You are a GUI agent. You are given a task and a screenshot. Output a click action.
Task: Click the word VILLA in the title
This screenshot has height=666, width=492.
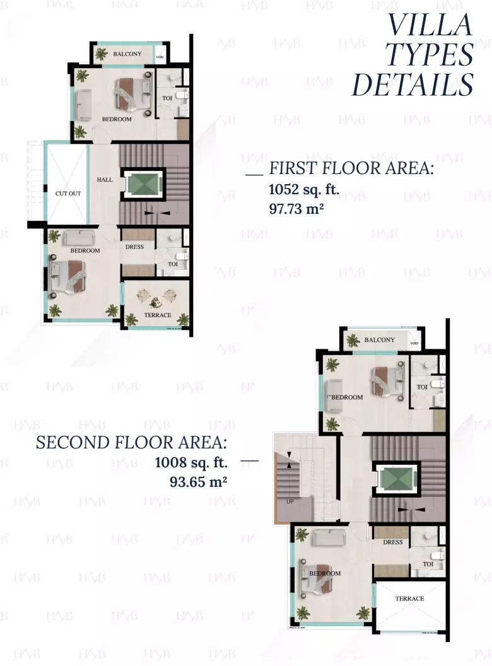click(430, 25)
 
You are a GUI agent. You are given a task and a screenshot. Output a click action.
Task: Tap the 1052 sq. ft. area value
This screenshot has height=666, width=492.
click(304, 189)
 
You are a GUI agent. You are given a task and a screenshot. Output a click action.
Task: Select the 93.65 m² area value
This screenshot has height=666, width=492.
click(198, 482)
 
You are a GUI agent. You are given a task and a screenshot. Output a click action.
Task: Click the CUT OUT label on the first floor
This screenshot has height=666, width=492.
click(68, 193)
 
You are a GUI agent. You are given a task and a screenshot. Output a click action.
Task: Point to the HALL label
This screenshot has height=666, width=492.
click(105, 180)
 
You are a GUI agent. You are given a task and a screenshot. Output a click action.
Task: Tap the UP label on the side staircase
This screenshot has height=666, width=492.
click(290, 501)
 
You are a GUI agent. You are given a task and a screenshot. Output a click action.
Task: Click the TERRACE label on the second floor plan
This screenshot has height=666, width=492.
click(409, 599)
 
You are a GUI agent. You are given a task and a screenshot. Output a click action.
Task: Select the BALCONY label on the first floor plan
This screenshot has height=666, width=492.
click(127, 54)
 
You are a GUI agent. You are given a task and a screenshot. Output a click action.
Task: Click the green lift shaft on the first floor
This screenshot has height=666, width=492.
click(143, 184)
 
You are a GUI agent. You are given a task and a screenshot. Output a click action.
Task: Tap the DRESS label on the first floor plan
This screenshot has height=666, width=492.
click(134, 247)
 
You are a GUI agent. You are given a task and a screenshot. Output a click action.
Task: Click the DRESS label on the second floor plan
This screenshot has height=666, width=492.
click(392, 542)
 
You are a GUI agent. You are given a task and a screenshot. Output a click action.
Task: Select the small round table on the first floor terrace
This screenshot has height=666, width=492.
click(154, 303)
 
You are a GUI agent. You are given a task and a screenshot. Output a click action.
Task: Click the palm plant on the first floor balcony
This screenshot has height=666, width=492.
click(101, 54)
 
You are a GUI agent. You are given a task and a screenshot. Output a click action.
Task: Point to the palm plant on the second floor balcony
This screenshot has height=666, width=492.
click(353, 340)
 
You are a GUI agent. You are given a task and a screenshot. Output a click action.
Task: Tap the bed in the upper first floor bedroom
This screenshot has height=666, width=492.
click(132, 93)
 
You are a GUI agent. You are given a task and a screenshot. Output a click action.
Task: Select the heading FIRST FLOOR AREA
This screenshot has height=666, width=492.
click(351, 168)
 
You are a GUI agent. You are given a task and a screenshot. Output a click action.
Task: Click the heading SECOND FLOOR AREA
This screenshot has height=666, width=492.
click(131, 443)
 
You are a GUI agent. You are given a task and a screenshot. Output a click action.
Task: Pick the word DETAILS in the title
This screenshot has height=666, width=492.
click(413, 85)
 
